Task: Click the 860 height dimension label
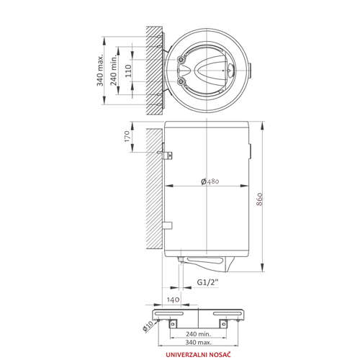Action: tap(259, 199)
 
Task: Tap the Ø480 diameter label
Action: tap(210, 181)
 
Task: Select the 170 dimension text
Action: tap(127, 136)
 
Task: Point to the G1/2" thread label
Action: tap(208, 282)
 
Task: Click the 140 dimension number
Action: tap(173, 300)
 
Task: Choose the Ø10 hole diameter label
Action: tap(148, 326)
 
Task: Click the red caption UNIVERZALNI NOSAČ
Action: tap(198, 354)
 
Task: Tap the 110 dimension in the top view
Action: tap(128, 71)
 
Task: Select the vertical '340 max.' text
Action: tap(100, 70)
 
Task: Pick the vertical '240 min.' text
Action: tap(114, 70)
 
